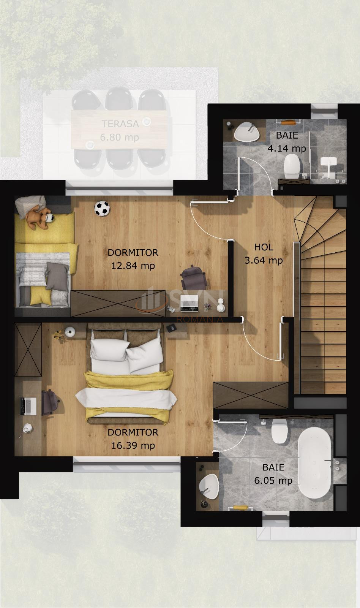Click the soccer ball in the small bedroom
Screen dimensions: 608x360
[102, 209]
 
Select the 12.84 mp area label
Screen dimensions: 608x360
[133, 266]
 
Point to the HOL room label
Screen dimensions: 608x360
[264, 247]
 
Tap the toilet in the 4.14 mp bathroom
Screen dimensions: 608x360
[292, 165]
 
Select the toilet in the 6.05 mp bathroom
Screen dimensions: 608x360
[279, 431]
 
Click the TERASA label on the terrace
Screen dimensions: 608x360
[120, 123]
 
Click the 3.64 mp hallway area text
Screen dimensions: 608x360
[264, 260]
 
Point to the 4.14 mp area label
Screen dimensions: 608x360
[287, 148]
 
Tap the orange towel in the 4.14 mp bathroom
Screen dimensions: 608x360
[290, 122]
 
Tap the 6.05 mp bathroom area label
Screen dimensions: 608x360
[273, 480]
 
